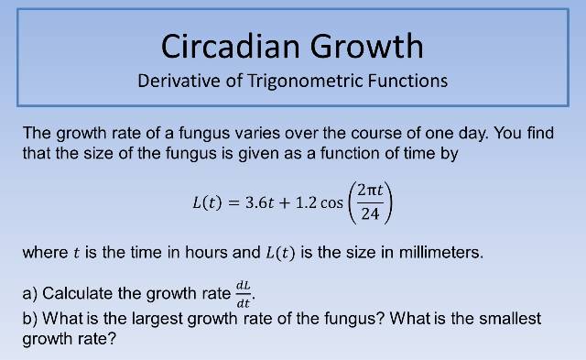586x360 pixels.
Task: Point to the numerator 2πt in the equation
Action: click(x=371, y=190)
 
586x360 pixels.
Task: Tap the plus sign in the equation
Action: click(x=284, y=202)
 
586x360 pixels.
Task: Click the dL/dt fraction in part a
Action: click(x=244, y=294)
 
